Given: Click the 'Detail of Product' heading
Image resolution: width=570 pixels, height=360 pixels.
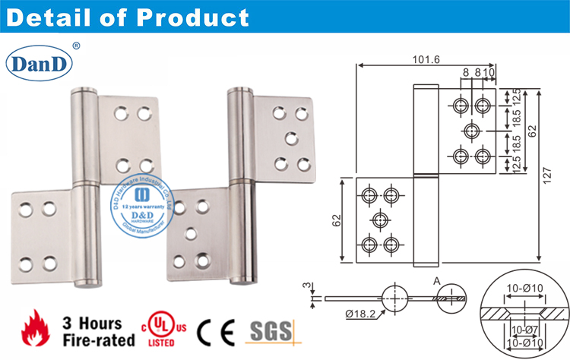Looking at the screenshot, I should point(125,17).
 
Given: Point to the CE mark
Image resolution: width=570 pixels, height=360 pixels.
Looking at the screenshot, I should point(215,331).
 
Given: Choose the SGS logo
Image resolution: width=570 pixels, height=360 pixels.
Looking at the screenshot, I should point(270,330).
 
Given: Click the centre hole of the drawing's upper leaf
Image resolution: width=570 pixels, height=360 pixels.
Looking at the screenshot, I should point(471,130).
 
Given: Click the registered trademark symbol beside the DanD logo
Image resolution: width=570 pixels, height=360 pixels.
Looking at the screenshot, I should point(75,46).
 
